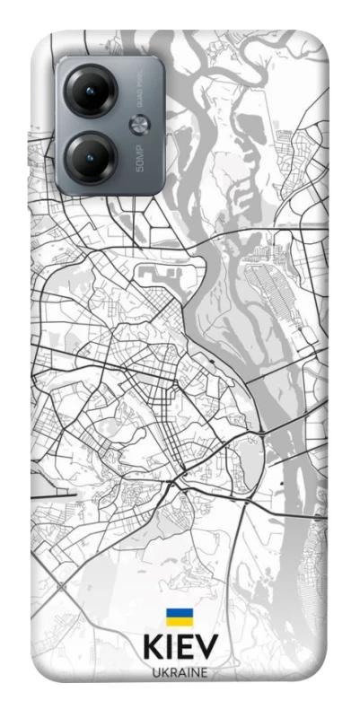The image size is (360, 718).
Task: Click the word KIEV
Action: tap(180, 649)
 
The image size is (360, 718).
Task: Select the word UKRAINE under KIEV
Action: tap(180, 672)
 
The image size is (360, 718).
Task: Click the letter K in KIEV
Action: tap(152, 649)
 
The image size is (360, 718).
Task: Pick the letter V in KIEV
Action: tap(207, 649)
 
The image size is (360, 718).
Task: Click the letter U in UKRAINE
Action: tap(155, 672)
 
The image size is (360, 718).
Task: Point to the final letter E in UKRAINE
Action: tap(204, 672)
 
